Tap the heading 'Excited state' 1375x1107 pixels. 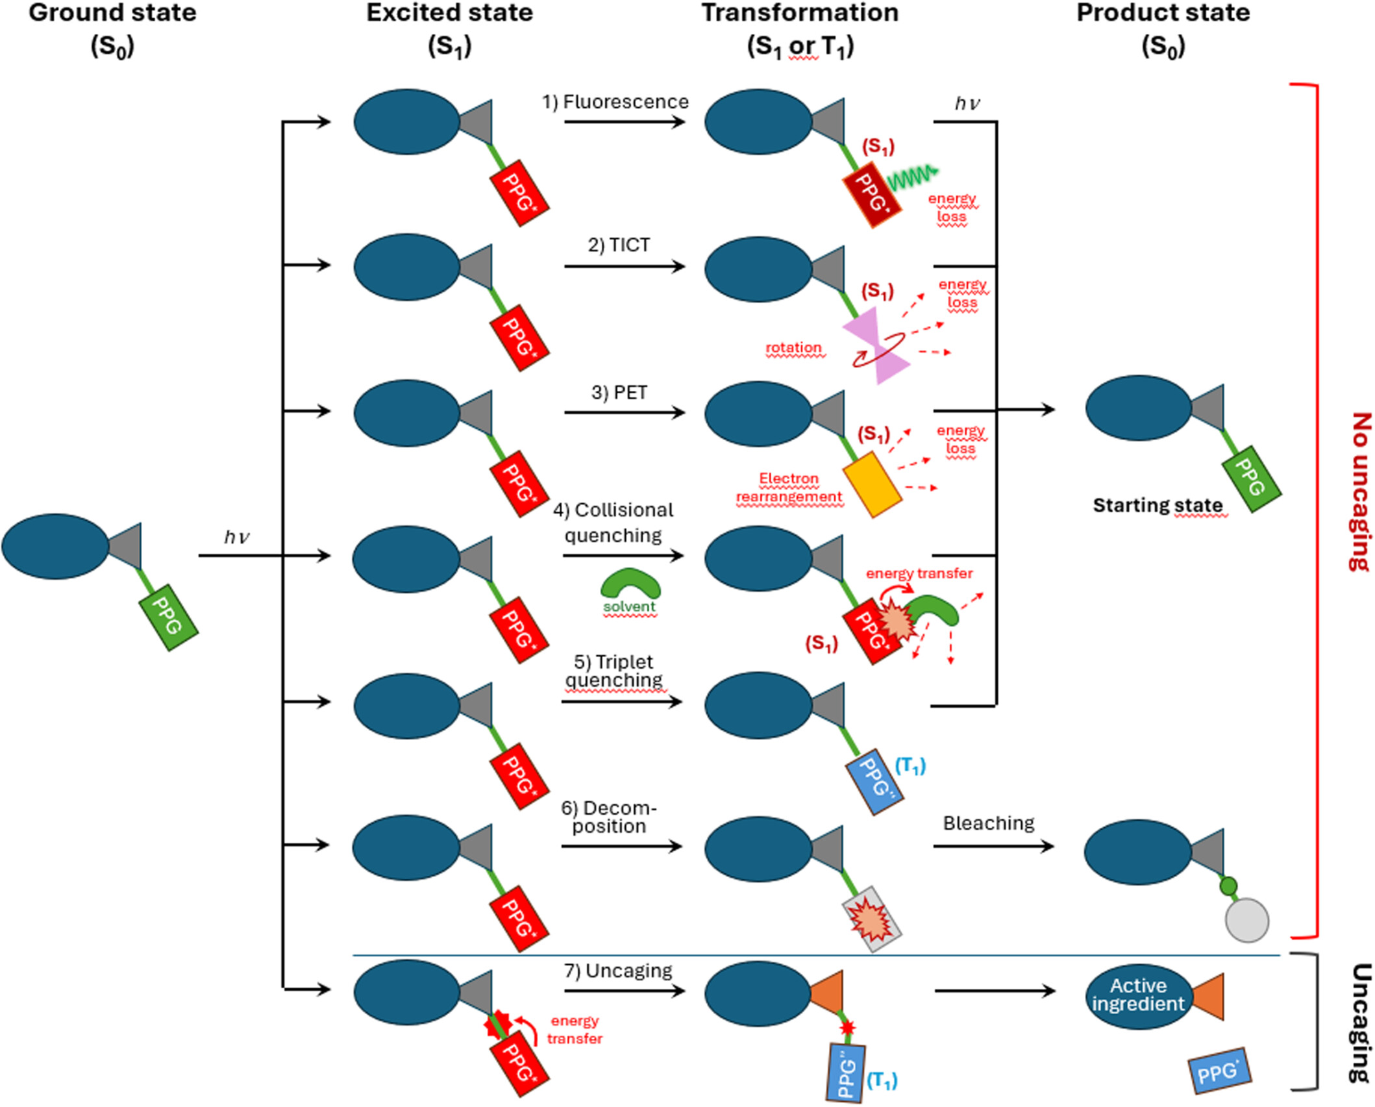449,13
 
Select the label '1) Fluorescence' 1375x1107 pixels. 615,102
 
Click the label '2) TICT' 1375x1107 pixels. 619,245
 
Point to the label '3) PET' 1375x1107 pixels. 619,393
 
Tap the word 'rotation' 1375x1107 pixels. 793,348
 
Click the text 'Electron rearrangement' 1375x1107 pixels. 789,488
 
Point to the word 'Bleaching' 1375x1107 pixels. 988,823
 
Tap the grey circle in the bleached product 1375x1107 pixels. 1246,920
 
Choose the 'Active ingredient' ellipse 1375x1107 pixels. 1138,995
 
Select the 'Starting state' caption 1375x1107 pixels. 1158,505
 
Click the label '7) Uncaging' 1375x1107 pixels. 618,971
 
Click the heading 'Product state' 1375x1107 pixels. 1163,13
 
